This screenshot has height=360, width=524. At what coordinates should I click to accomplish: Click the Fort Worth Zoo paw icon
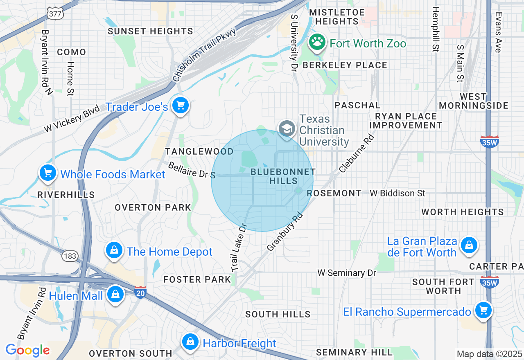click(317, 42)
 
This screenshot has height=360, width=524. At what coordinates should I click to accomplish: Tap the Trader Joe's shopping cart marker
click(180, 106)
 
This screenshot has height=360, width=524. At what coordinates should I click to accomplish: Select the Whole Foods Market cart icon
click(48, 173)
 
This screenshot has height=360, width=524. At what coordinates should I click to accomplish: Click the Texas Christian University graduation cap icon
click(287, 128)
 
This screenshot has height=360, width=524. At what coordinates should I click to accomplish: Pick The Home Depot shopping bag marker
click(114, 250)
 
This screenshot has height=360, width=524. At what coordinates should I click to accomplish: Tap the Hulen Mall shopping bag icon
click(116, 294)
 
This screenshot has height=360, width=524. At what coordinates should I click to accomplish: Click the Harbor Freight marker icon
click(190, 342)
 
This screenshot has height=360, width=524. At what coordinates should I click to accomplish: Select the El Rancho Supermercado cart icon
click(483, 310)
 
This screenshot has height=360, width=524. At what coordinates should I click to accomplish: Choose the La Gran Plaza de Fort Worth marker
click(469, 245)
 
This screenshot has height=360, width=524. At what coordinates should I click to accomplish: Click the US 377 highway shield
click(54, 13)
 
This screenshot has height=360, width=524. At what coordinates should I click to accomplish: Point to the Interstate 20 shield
click(140, 292)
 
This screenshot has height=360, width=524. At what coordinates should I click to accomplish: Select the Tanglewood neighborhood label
click(199, 152)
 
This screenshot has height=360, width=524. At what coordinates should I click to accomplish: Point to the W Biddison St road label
click(398, 193)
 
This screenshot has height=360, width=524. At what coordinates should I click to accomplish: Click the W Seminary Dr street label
click(347, 273)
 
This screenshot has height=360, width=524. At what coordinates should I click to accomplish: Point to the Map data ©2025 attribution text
click(489, 354)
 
